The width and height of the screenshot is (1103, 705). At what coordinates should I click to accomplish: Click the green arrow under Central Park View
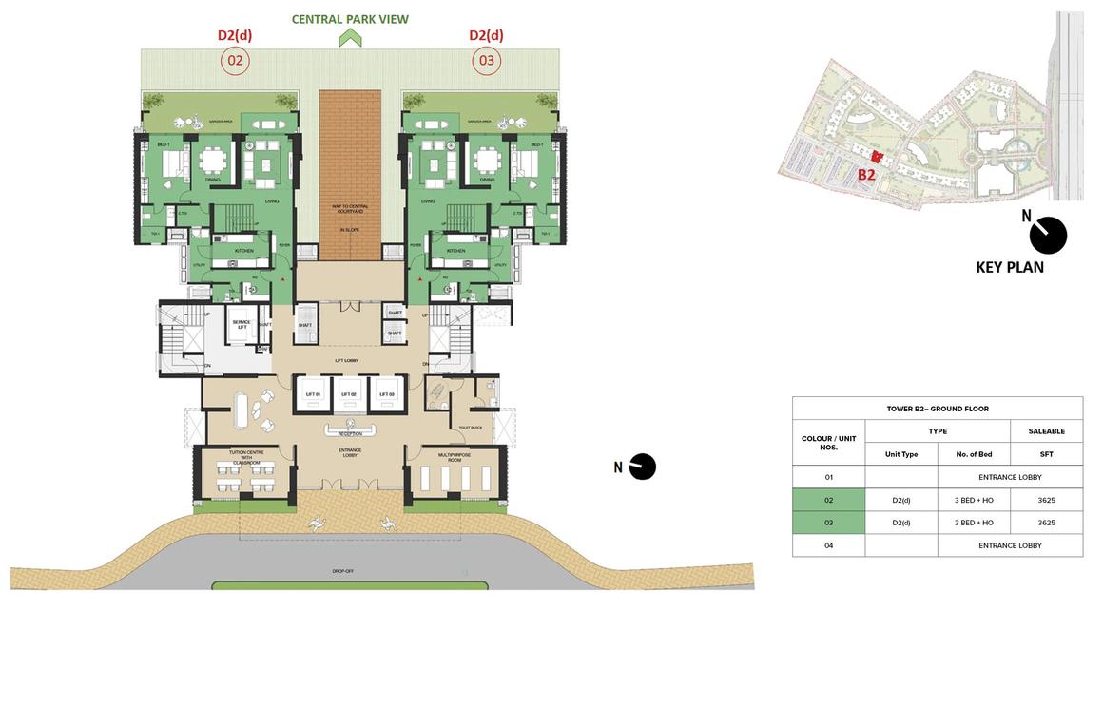350,38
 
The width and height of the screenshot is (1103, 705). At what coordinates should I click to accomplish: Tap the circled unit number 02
235,62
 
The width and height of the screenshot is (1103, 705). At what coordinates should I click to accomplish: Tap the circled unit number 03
487,62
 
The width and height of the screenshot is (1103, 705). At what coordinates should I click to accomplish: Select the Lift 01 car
312,393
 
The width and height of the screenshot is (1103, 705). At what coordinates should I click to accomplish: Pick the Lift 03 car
386,393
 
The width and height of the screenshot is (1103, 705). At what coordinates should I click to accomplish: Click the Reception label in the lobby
350,432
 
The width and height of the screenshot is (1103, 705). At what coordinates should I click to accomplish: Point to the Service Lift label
242,325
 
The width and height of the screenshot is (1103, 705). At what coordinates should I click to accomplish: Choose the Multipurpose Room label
452,458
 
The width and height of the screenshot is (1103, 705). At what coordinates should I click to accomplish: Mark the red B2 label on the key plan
866,175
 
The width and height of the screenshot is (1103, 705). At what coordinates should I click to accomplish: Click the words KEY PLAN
1010,268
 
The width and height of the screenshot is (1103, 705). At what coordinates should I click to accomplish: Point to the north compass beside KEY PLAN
1048,235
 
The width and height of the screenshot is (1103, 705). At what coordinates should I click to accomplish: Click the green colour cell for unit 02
828,500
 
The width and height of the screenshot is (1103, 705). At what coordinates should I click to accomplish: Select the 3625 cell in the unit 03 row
1046,523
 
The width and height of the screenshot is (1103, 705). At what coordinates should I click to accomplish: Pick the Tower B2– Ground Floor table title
937,409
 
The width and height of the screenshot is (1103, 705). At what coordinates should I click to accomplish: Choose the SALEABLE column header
1046,431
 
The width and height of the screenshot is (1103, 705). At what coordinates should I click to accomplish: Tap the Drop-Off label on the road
343,571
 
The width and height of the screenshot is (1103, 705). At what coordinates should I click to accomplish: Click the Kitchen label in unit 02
244,251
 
